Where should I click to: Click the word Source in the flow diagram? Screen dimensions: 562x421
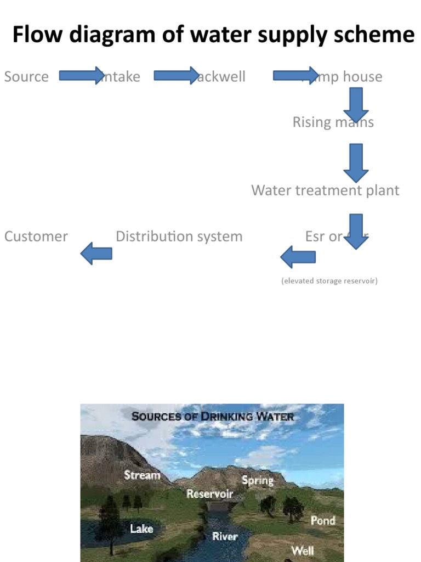(x=26, y=76)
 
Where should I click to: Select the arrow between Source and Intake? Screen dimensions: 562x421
(x=81, y=75)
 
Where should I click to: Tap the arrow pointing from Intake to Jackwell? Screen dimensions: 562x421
(x=175, y=75)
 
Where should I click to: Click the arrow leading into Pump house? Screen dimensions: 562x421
(x=295, y=75)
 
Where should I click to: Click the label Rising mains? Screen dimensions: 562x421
(x=333, y=122)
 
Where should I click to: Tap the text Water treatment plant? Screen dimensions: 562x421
(x=325, y=190)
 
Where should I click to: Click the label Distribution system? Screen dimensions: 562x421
(x=179, y=237)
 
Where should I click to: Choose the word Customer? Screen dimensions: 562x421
(x=36, y=237)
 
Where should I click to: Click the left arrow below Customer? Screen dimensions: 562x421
(x=96, y=254)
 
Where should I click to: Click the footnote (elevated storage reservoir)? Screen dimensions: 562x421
(x=329, y=281)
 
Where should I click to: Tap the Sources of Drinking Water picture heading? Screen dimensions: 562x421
(x=213, y=417)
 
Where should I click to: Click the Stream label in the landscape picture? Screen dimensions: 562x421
(x=142, y=475)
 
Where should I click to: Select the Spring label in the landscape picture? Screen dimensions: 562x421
(x=258, y=480)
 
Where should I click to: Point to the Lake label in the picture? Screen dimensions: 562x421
(x=141, y=529)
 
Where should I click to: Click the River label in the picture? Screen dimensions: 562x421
(x=225, y=536)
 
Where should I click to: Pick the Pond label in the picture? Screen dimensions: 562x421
(x=323, y=520)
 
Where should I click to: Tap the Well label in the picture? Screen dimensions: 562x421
(x=303, y=550)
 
